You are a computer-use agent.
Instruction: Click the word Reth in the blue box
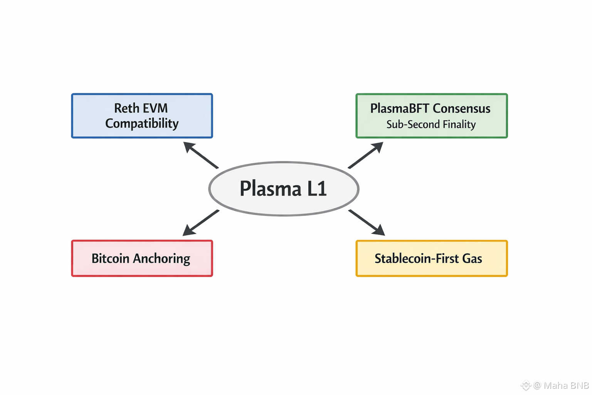(126, 108)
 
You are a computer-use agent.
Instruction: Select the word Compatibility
(142, 123)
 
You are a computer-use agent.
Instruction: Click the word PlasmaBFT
(399, 108)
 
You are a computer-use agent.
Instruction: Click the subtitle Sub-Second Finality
(431, 125)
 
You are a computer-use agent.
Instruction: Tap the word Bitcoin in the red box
(110, 258)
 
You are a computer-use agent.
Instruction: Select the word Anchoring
(161, 259)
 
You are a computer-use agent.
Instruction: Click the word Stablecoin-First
(417, 258)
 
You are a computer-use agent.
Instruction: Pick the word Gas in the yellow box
(472, 258)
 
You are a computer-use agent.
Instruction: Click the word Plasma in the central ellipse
(271, 189)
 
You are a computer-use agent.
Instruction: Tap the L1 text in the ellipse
(317, 189)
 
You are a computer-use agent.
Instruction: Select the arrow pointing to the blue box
(200, 155)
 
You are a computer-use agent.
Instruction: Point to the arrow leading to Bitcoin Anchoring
(200, 223)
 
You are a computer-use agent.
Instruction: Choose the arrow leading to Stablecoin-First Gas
(367, 223)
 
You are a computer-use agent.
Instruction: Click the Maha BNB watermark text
(566, 385)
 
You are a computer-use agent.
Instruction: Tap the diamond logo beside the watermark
(526, 385)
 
